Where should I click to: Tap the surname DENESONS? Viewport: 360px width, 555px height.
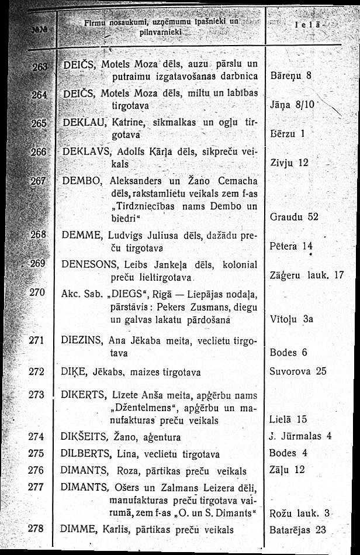tap(85, 265)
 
